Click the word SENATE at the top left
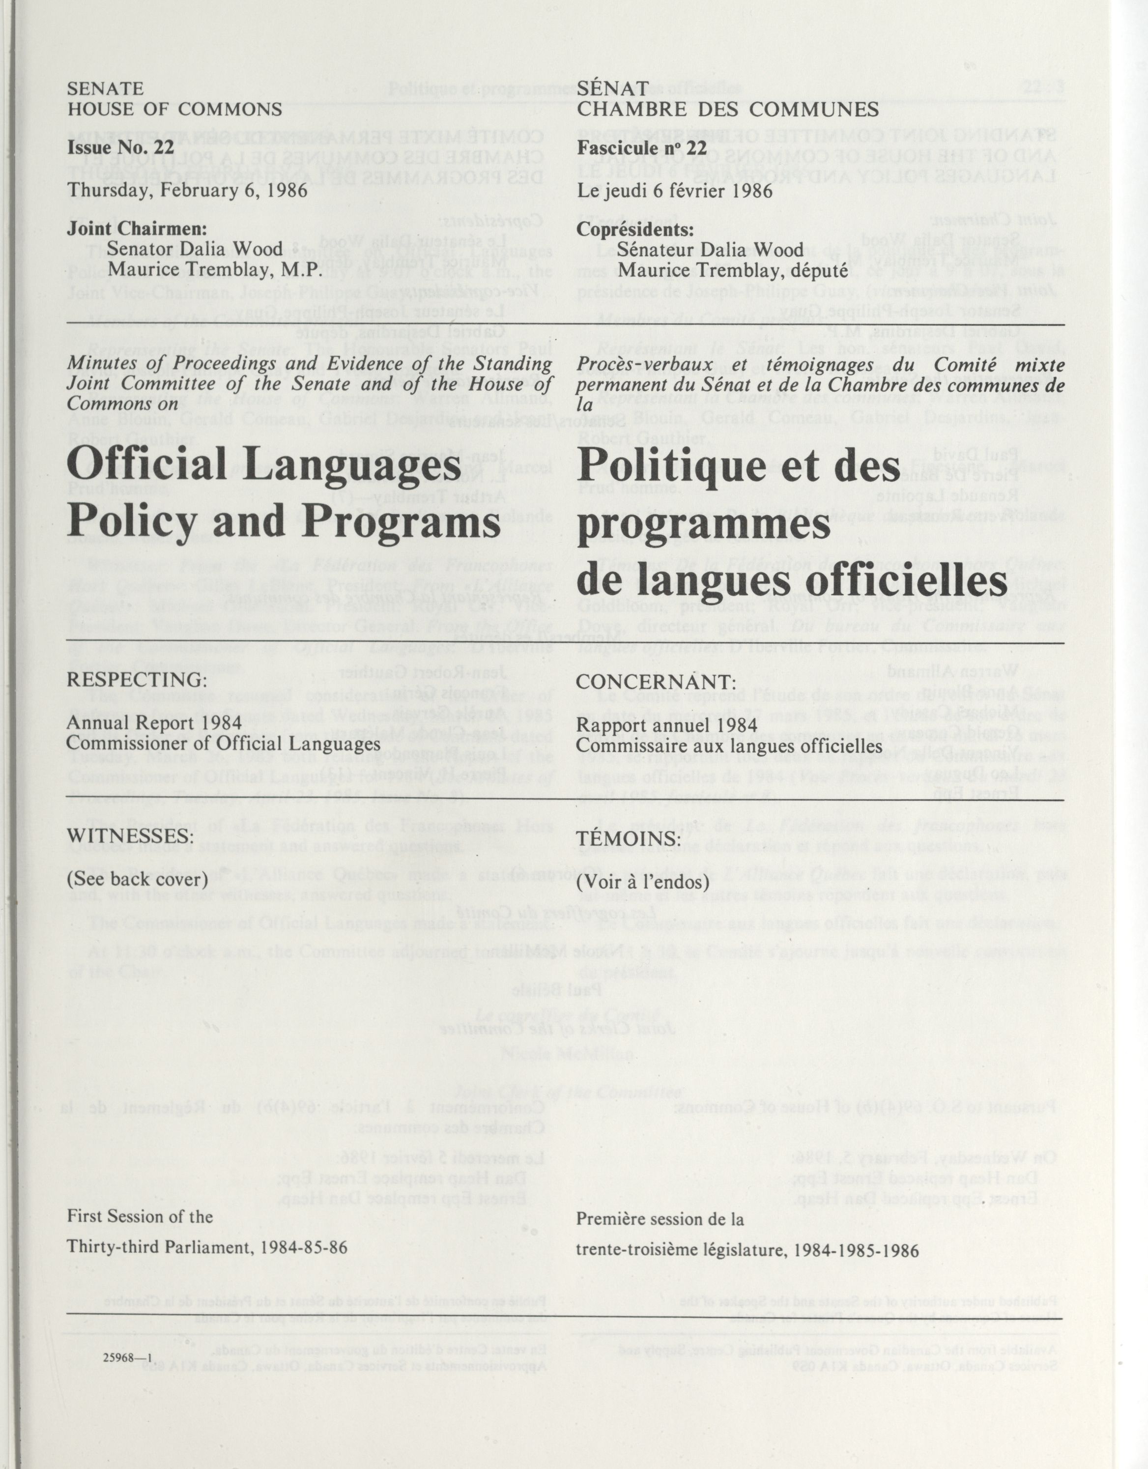tap(106, 89)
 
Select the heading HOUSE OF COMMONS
tap(175, 110)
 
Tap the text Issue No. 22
tap(121, 147)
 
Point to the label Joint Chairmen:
tap(137, 229)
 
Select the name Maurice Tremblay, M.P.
tap(217, 270)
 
